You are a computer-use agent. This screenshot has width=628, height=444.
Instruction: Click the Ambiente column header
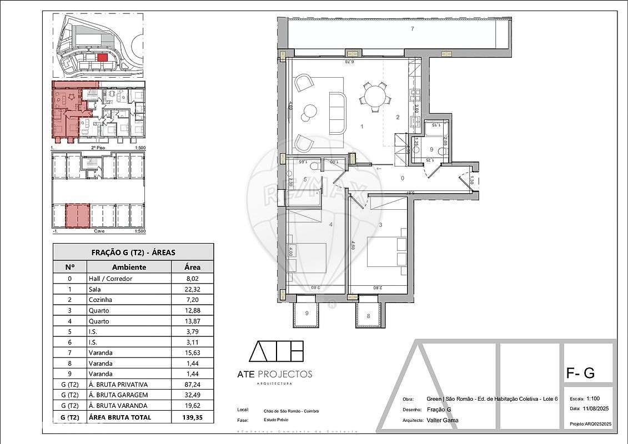(129, 267)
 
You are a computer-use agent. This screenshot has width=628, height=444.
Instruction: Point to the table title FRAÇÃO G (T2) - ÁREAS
(133, 252)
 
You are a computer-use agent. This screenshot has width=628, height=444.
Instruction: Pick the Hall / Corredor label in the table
(110, 279)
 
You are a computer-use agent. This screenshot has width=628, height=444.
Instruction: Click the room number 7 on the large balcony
(412, 29)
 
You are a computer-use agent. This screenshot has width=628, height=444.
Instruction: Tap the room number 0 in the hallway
(403, 178)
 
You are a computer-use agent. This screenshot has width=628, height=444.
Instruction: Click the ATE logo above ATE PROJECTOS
(276, 351)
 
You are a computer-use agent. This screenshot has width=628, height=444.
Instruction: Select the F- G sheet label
(580, 374)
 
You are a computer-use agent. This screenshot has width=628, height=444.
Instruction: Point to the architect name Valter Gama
(443, 420)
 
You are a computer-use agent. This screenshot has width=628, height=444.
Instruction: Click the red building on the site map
(102, 57)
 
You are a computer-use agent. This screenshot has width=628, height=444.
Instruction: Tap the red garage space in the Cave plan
(78, 215)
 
